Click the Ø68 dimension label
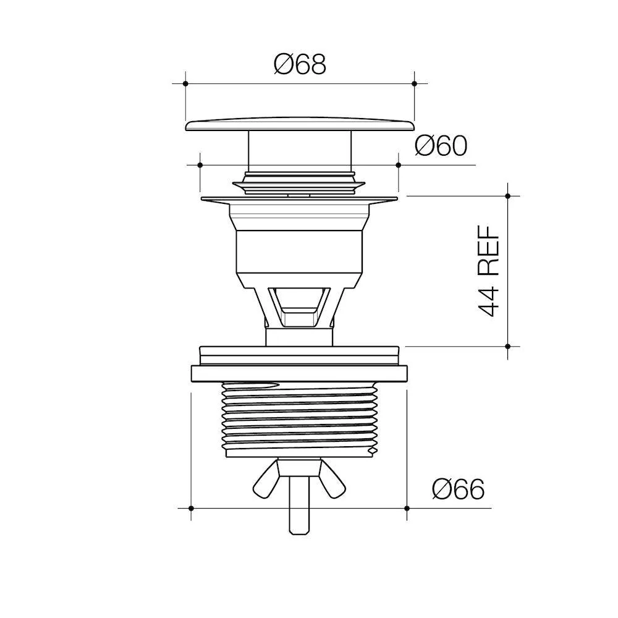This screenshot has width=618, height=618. tap(300, 64)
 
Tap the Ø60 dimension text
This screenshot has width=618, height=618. tap(441, 146)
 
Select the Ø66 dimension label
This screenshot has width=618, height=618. tap(459, 489)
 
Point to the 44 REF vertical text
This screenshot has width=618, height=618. tap(488, 271)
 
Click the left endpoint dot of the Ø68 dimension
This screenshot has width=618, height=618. tap(185, 83)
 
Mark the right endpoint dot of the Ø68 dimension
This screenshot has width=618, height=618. tap(414, 83)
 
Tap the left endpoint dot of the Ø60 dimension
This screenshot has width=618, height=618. tap(200, 165)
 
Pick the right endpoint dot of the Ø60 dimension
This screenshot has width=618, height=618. tap(398, 165)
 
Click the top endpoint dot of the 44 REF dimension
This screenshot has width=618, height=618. tap(507, 195)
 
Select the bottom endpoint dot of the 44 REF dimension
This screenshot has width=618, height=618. tap(507, 347)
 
